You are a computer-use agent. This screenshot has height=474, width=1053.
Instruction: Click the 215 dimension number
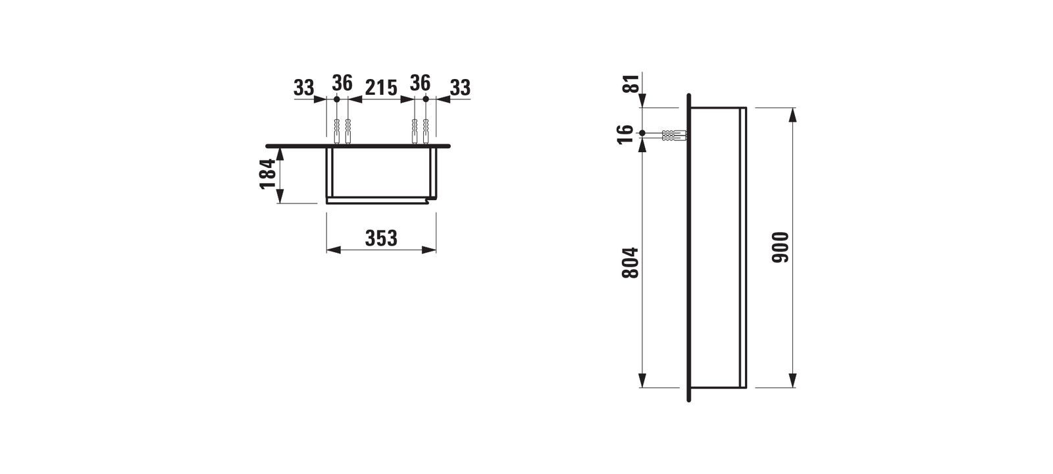click(x=380, y=88)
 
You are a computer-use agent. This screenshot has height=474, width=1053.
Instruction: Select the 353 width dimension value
click(x=382, y=238)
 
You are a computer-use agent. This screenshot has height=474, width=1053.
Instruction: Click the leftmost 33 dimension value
click(x=303, y=88)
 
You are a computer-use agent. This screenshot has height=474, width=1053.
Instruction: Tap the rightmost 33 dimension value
click(x=460, y=88)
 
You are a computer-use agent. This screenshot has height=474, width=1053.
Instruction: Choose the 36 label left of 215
click(x=342, y=84)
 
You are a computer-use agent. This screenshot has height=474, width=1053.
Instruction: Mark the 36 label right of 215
click(x=420, y=84)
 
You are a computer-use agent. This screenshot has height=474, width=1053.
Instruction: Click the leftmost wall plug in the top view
click(x=336, y=131)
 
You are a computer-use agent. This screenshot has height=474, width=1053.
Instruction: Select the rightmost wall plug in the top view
click(x=426, y=131)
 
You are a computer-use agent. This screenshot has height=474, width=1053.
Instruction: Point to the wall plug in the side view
click(x=672, y=136)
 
